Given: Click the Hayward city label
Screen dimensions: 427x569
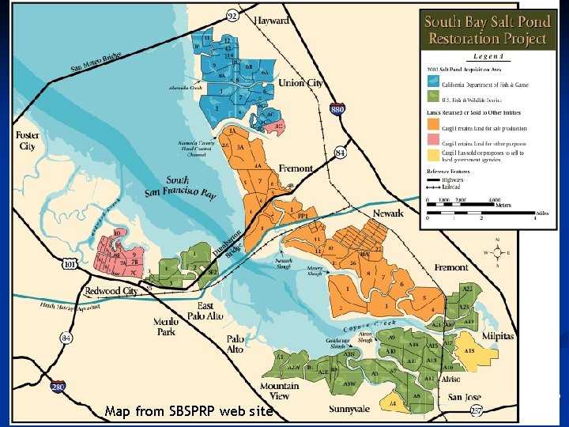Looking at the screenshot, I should pyautogui.click(x=272, y=21).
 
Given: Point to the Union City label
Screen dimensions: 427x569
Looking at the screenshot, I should pyautogui.click(x=303, y=82).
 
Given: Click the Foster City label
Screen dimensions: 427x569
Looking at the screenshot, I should pyautogui.click(x=27, y=141).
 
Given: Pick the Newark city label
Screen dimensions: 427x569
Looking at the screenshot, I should pyautogui.click(x=388, y=213).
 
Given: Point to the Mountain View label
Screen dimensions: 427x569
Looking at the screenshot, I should pyautogui.click(x=280, y=391).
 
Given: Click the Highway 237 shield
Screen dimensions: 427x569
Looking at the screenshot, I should pyautogui.click(x=476, y=410).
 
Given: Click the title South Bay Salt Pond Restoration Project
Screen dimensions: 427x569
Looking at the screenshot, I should pyautogui.click(x=488, y=30).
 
